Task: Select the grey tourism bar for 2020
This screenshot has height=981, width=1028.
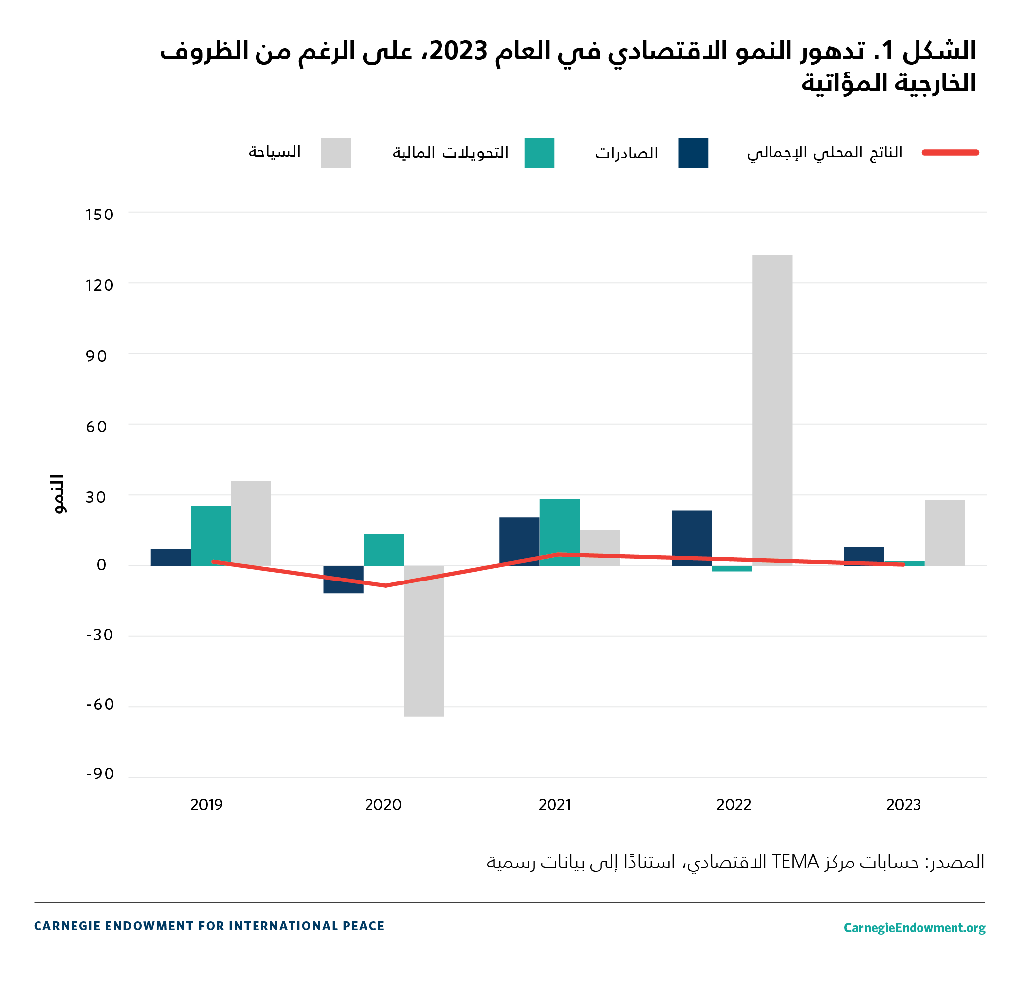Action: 424,641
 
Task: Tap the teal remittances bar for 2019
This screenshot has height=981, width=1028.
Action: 211,536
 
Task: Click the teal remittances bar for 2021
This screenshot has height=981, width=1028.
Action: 559,532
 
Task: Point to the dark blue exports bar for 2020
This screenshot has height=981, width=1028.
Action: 343,579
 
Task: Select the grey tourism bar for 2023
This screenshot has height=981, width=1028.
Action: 944,532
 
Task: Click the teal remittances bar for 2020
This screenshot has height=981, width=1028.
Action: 383,549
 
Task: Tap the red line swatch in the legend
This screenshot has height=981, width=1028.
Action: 950,153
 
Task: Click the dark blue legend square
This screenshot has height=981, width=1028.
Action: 693,153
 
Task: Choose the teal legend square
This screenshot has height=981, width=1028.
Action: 539,153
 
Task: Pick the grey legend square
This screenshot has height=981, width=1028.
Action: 335,153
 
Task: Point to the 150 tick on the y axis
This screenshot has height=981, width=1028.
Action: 99,215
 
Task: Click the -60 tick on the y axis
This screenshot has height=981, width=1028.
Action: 100,704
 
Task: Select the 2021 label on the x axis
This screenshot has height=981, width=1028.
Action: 554,805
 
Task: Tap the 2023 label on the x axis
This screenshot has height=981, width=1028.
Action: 903,805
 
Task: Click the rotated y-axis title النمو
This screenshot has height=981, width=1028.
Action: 58,494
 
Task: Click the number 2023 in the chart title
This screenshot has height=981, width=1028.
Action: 458,51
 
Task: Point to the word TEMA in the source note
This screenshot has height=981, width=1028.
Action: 795,861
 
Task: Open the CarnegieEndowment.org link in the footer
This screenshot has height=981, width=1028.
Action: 914,927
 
